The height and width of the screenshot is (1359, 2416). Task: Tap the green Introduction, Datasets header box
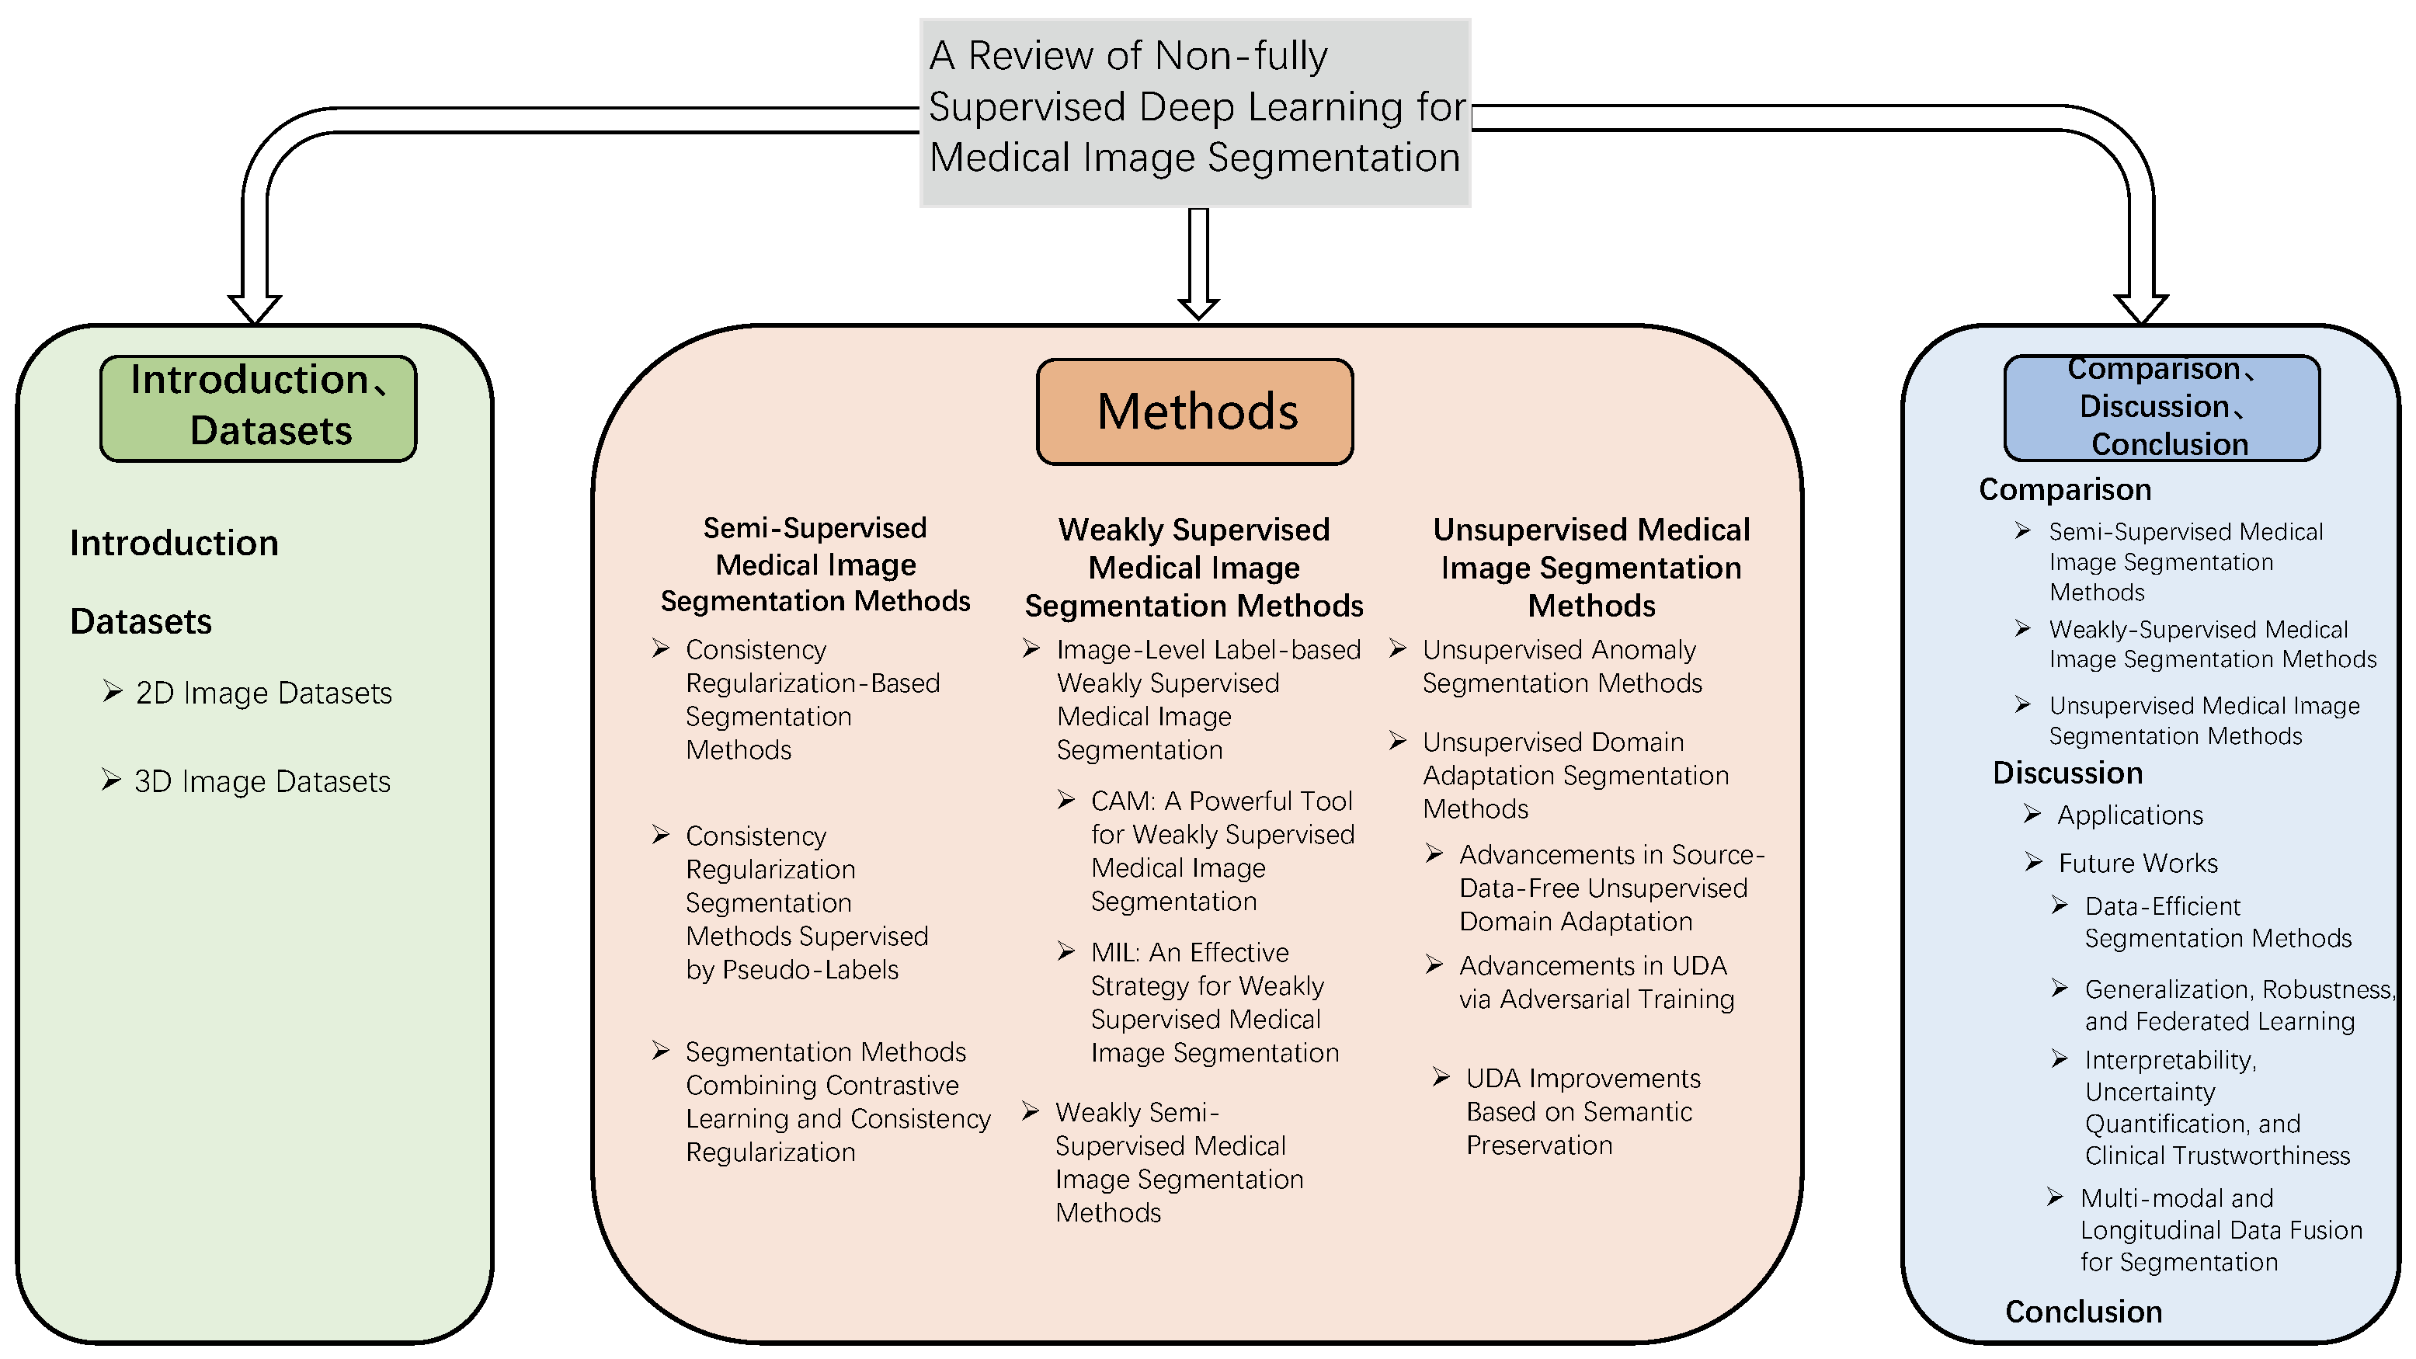[258, 407]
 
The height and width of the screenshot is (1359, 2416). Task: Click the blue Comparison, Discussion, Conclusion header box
[2161, 407]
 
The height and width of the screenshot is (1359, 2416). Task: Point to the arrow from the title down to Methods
[1198, 262]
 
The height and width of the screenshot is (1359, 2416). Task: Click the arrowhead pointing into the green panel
[254, 308]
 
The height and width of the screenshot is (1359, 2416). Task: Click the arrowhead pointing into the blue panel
[2140, 308]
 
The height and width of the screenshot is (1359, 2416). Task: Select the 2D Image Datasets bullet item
[262, 693]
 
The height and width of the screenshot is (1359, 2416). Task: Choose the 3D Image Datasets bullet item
[262, 781]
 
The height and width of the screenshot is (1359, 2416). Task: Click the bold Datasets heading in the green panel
[141, 621]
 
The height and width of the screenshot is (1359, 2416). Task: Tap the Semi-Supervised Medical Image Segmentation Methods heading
[815, 564]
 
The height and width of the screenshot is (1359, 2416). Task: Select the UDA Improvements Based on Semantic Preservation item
[1581, 1111]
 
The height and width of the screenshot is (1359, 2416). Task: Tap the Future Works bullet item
[2136, 863]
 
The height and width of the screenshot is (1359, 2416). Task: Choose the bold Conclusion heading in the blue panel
[2083, 1311]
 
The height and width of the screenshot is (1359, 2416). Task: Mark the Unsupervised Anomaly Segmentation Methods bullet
[1561, 666]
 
